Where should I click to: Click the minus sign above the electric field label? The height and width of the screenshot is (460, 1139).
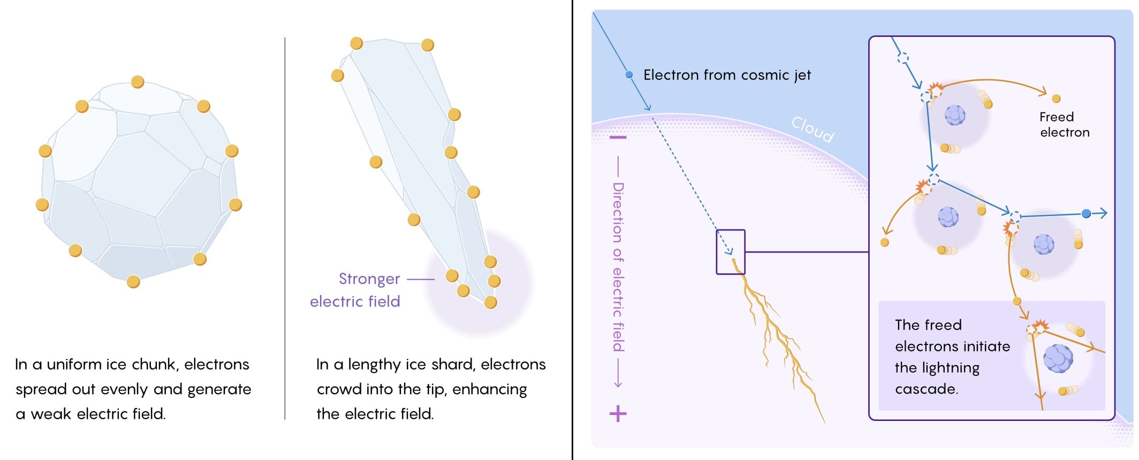[x=618, y=138]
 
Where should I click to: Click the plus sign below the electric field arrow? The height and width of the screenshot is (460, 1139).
[x=618, y=413]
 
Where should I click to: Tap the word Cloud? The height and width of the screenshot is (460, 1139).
[x=813, y=129]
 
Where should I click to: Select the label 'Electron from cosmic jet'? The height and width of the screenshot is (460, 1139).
[x=727, y=75]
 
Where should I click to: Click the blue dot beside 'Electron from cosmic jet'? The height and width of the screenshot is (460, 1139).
[x=629, y=75]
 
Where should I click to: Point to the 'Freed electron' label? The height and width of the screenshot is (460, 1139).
[x=1064, y=125]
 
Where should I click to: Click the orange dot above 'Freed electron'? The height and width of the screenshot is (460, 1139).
[x=1056, y=98]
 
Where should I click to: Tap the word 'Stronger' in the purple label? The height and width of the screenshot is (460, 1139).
[x=369, y=279]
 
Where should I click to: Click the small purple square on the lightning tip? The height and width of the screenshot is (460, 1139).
[x=731, y=252]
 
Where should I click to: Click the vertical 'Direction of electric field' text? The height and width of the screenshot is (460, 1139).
[x=618, y=267]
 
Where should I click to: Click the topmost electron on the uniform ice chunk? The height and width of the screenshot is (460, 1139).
[x=138, y=82]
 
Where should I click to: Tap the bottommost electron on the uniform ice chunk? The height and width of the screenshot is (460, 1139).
[x=133, y=281]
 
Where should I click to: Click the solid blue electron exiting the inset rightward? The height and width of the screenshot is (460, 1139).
[x=1086, y=214]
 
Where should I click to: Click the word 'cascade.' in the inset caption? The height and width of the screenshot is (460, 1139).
[x=927, y=389]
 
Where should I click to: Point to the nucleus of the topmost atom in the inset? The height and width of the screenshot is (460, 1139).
[x=955, y=115]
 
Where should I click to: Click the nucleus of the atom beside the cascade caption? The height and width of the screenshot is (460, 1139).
[x=1058, y=358]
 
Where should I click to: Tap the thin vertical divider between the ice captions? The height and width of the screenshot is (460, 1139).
[x=285, y=228]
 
